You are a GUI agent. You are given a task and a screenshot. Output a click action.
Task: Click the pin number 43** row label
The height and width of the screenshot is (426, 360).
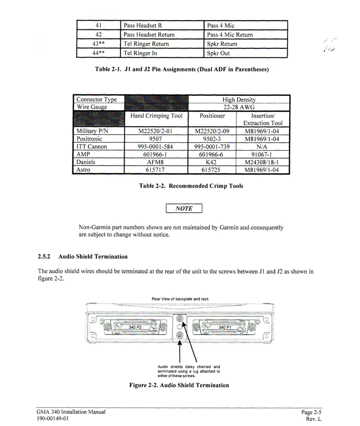point(98,44)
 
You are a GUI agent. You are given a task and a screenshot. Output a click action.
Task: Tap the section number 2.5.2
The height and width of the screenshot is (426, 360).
point(45,257)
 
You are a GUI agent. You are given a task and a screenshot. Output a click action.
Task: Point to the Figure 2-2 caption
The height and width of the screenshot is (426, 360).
point(179,385)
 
